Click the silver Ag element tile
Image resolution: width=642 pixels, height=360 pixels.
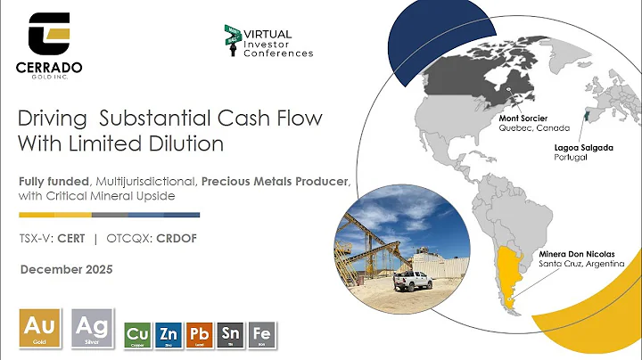pyautogui.click(x=94, y=327)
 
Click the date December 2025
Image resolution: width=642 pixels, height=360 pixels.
pyautogui.click(x=68, y=268)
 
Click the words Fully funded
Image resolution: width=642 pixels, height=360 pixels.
pyautogui.click(x=52, y=182)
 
